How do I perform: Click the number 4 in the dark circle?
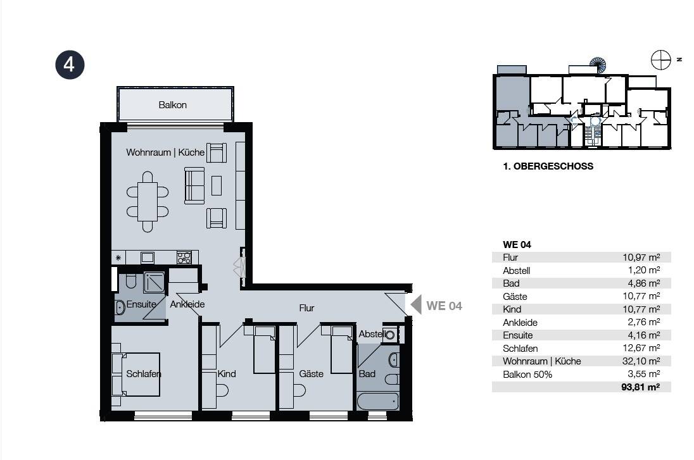70,65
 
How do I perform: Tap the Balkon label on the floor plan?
173,105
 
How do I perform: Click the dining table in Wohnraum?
148,202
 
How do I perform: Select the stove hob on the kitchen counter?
184,258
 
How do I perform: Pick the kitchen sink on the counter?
148,258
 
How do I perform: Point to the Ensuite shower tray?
154,282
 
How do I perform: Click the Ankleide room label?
187,304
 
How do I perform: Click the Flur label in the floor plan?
306,308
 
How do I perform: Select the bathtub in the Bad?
378,402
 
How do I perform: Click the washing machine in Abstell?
390,335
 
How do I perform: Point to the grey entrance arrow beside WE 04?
416,305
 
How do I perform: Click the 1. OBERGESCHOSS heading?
548,166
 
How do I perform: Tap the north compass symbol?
661,59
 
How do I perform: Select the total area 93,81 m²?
640,387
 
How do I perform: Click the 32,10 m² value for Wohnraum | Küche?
641,361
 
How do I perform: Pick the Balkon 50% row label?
527,375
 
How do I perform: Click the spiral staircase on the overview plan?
598,65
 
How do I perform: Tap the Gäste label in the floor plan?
311,374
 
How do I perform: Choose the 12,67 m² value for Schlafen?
641,348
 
